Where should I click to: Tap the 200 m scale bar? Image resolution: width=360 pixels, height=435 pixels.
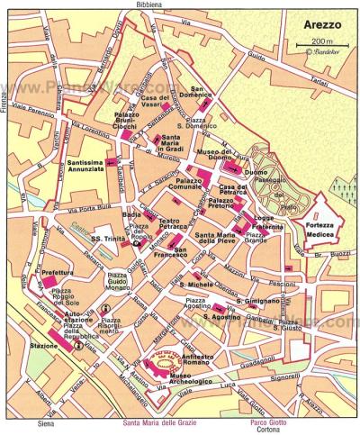pos(319,43)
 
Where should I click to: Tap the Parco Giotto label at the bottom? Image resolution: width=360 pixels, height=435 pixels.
pos(269,420)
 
